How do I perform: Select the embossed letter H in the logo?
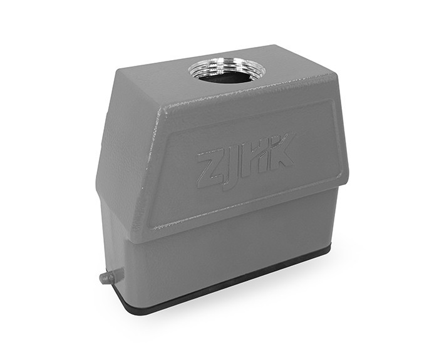click(x=255, y=158)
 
